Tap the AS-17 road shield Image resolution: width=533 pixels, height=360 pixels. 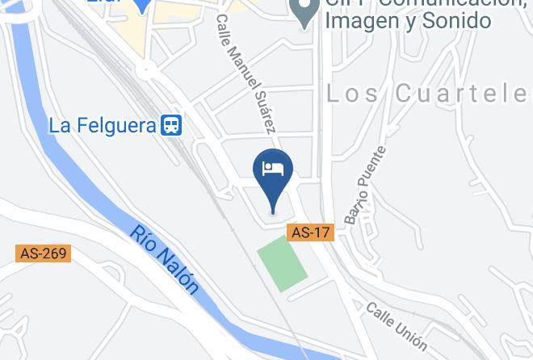[311, 232]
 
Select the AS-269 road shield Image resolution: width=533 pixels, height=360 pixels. [43, 253]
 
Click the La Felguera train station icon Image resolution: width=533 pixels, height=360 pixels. [171, 125]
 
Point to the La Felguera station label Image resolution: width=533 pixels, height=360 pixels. [103, 126]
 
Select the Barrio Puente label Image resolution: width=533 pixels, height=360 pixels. [365, 184]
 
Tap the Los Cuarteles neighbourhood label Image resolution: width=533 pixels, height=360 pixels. [428, 94]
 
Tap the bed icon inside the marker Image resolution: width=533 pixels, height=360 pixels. [273, 169]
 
